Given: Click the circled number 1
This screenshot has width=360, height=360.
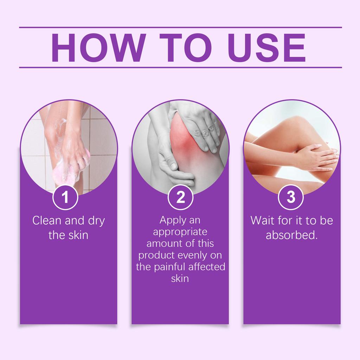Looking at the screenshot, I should tap(65, 197).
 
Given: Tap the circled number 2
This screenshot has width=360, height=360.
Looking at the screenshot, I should tap(180, 197).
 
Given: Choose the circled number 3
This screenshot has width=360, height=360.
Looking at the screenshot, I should tap(291, 197).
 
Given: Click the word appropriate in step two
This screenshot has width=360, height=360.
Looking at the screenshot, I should tap(180, 232).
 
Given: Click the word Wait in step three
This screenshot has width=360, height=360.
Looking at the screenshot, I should tap(262, 221).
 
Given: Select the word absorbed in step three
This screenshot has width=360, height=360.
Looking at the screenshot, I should tap(291, 235).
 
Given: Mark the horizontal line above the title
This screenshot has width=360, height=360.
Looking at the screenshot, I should tap(180, 27).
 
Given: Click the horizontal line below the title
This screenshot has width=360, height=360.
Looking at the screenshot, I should tap(180, 67).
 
